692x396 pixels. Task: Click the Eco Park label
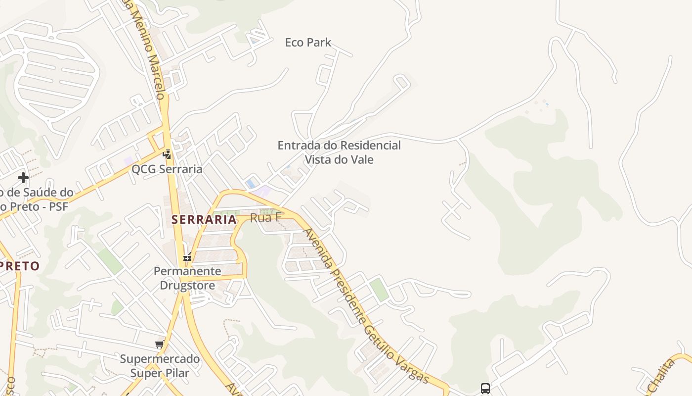coord(307,43)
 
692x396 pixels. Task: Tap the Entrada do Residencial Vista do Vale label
coord(339,152)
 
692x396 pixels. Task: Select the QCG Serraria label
coord(167,169)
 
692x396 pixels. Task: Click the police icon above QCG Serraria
coord(167,154)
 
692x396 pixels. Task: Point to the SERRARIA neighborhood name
coord(204,219)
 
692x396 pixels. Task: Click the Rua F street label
coord(266,217)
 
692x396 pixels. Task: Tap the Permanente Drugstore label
coord(187,278)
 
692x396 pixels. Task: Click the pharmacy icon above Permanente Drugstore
coord(187,257)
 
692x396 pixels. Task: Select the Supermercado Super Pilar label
coord(160,366)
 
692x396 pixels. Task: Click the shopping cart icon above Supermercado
coord(159,345)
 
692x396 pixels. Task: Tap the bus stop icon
coord(485,389)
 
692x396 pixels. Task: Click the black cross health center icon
coord(23,177)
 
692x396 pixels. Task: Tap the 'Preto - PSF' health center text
coord(35,206)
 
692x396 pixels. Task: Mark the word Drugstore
coord(187,286)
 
